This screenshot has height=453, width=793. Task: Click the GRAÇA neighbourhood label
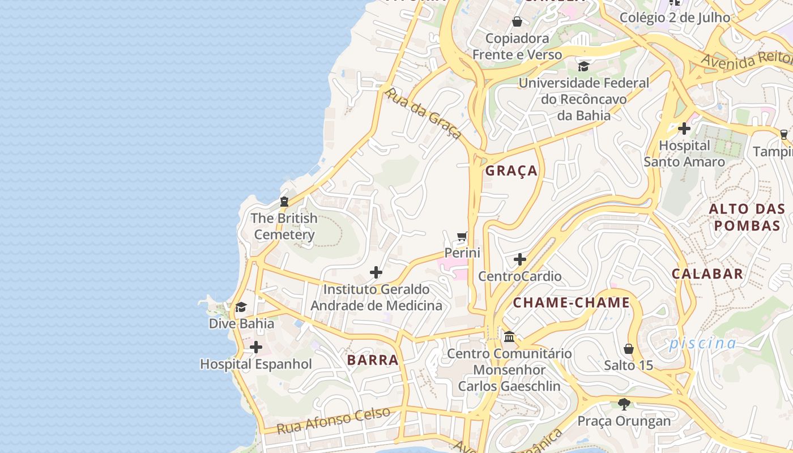[x=511, y=170]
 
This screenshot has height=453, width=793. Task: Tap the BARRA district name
[x=373, y=360]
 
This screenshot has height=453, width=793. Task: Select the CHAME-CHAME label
[x=571, y=303]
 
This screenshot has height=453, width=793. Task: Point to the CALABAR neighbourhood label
[x=707, y=273]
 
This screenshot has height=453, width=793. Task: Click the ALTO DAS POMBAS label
[x=747, y=217]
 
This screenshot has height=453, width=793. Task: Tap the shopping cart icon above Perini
[x=462, y=237]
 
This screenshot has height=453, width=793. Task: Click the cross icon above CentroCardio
[x=519, y=260]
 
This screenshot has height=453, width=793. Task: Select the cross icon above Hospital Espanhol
[x=256, y=347]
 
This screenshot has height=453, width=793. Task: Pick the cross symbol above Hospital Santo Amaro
[x=684, y=129]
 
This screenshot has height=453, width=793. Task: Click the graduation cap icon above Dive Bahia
[x=241, y=307]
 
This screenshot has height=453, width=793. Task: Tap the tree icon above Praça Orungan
[x=624, y=404]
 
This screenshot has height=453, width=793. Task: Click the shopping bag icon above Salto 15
[x=628, y=348]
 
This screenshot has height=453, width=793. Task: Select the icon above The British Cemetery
[x=284, y=202]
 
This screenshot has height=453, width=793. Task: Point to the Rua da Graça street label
[x=423, y=113]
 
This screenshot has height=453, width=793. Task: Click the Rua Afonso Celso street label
[x=334, y=420]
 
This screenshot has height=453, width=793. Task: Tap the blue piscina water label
[x=702, y=343]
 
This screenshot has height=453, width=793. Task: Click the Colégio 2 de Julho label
[x=675, y=18]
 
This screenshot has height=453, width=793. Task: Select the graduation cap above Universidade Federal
[x=583, y=66]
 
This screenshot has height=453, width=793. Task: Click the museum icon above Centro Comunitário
[x=509, y=337]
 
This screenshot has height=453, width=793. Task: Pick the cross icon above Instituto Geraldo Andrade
[x=376, y=273]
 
